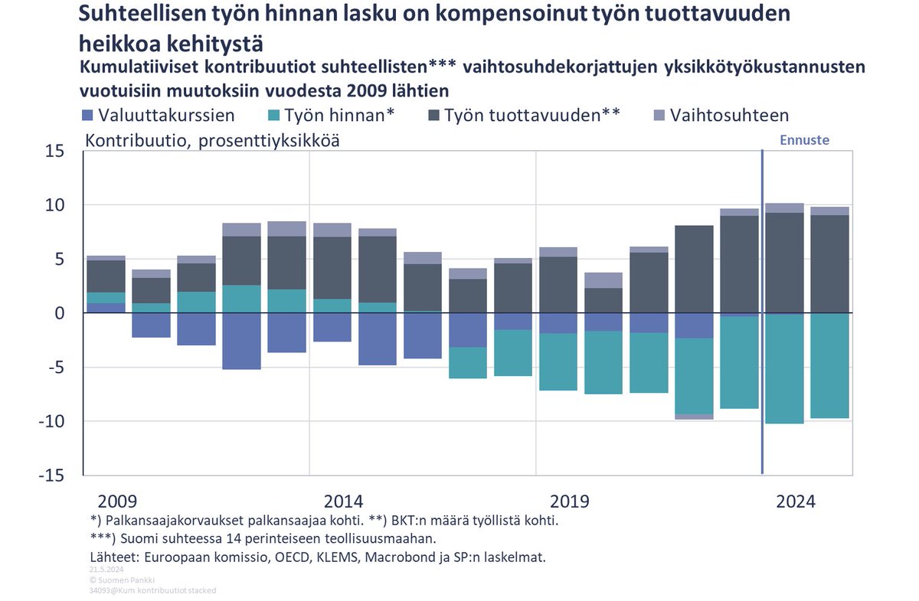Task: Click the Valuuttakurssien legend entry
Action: [157, 116]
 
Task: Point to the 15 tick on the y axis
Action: [58, 151]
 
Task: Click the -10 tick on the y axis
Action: [54, 421]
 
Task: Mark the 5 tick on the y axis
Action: [63, 260]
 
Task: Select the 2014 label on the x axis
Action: [343, 502]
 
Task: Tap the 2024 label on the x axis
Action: [796, 502]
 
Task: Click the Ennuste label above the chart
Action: [804, 140]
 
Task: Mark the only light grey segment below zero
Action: [694, 416]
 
